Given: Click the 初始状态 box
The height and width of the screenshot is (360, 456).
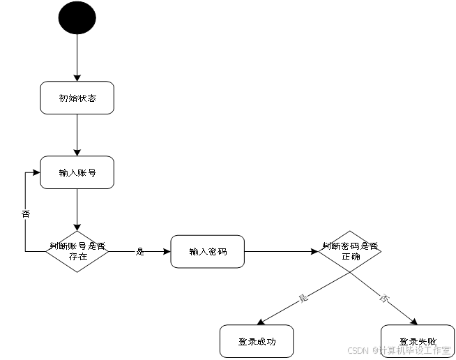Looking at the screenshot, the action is pyautogui.click(x=77, y=98).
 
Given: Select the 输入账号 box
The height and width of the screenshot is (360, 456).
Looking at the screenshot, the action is pyautogui.click(x=77, y=172).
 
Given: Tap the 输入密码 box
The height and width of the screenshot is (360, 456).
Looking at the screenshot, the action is pyautogui.click(x=207, y=251).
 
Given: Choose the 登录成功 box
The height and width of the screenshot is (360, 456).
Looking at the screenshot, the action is pyautogui.click(x=257, y=341).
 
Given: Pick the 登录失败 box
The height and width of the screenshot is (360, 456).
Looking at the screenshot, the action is pyautogui.click(x=417, y=341).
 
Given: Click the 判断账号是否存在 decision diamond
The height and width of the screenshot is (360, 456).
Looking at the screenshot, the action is pyautogui.click(x=77, y=251).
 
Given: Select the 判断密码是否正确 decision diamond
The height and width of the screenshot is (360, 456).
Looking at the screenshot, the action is pyautogui.click(x=350, y=251).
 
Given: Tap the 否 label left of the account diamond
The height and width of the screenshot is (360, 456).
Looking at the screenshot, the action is pyautogui.click(x=26, y=214).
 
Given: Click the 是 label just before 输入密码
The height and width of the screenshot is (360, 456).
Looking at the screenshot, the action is pyautogui.click(x=140, y=251).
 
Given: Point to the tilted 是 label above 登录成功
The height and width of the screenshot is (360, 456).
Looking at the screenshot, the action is pyautogui.click(x=303, y=299).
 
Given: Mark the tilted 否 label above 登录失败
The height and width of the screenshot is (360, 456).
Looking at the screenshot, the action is pyautogui.click(x=383, y=299).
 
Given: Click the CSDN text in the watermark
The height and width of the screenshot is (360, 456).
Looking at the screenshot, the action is pyautogui.click(x=357, y=350).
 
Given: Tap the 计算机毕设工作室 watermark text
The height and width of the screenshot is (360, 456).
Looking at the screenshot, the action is pyautogui.click(x=414, y=350).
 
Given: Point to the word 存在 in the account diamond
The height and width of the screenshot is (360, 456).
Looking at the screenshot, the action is pyautogui.click(x=77, y=257).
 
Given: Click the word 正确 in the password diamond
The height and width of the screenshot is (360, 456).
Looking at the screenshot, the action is pyautogui.click(x=351, y=257).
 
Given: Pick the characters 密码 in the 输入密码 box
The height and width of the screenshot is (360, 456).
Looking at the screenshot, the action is pyautogui.click(x=218, y=251).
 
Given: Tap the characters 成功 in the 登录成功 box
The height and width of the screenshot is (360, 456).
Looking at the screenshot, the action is pyautogui.click(x=266, y=341).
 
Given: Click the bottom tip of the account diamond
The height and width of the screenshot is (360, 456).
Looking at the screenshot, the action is pyautogui.click(x=77, y=271).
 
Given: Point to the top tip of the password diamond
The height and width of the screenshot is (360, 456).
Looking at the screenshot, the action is pyautogui.click(x=350, y=232).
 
